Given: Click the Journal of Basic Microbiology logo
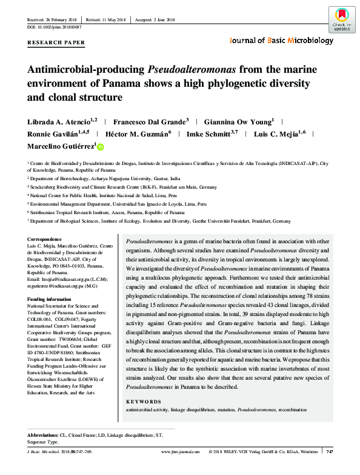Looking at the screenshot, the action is click(281, 41).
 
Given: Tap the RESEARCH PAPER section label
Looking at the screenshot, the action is click(56, 43).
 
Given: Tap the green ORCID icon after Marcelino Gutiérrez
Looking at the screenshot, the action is click(101, 146).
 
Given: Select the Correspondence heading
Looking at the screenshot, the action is click(46, 241).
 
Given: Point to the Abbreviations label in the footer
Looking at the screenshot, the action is click(44, 436).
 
